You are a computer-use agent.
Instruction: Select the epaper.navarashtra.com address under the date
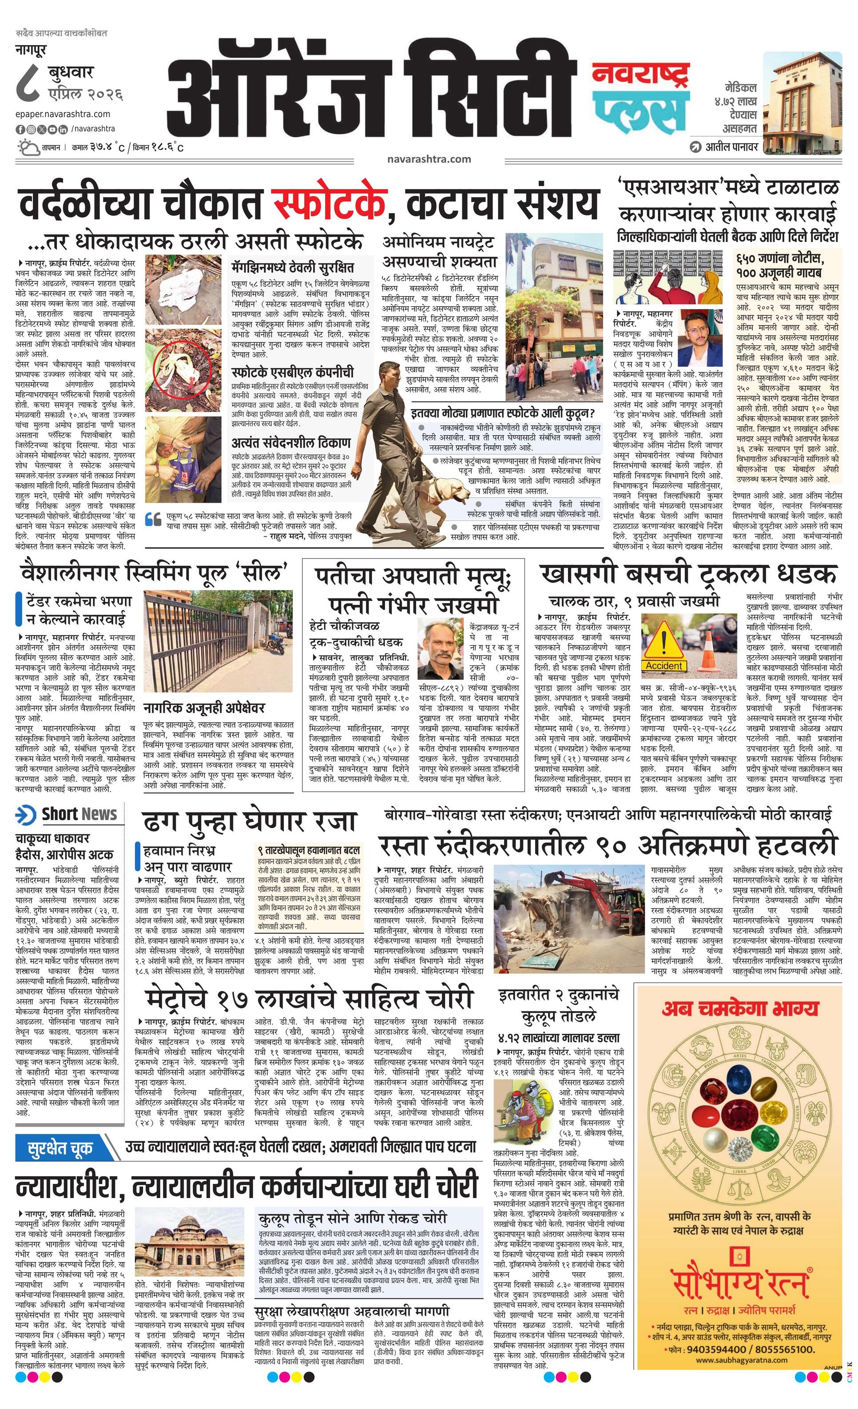63,114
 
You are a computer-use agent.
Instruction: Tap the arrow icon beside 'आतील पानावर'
695,147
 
